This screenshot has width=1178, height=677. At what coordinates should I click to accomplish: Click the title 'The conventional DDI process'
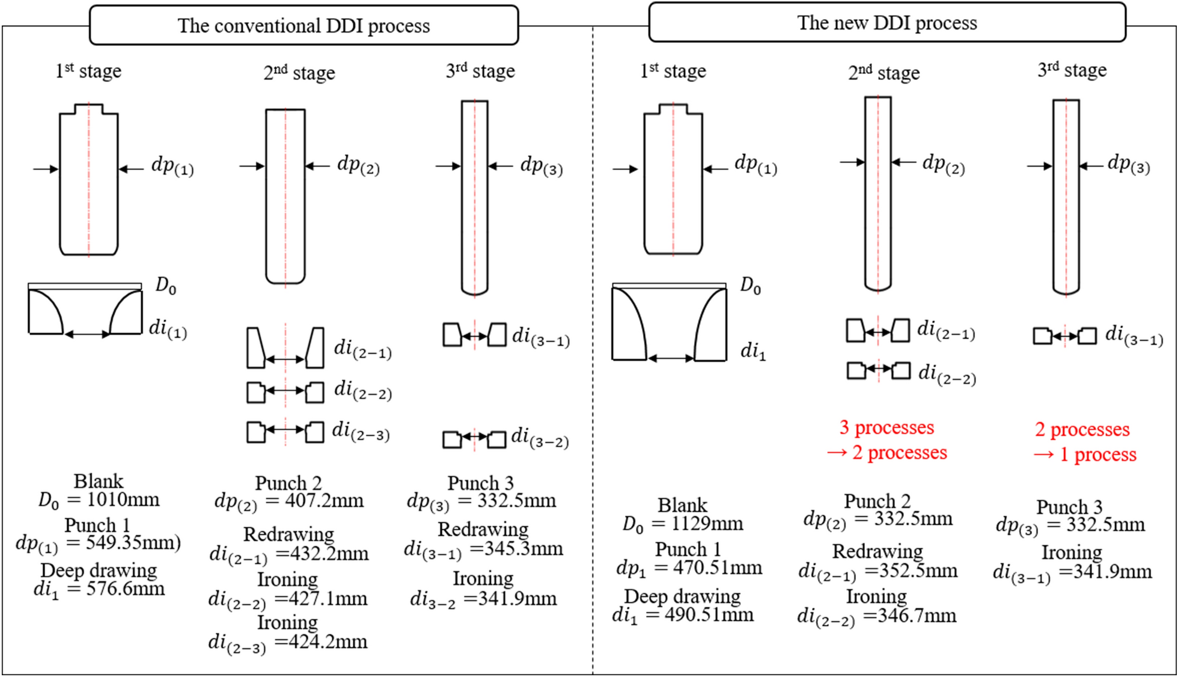coord(304,26)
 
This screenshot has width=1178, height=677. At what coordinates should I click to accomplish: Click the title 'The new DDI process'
coord(887,23)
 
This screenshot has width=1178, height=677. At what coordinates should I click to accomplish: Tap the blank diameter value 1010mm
coord(123,500)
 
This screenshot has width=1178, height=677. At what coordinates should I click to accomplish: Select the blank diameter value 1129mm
coord(707,524)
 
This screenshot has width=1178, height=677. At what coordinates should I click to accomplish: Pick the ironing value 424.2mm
coord(320,642)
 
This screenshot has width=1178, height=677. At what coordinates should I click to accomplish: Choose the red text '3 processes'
coord(887,427)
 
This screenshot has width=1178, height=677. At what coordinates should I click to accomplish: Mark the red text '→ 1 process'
coord(1085,455)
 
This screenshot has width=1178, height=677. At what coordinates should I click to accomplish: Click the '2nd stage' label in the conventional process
coord(299,73)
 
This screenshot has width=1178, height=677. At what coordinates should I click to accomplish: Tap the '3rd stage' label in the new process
coord(1072,70)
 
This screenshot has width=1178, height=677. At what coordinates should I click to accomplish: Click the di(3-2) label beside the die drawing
coord(539,438)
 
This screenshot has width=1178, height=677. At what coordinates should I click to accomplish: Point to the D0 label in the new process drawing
coord(750,286)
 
